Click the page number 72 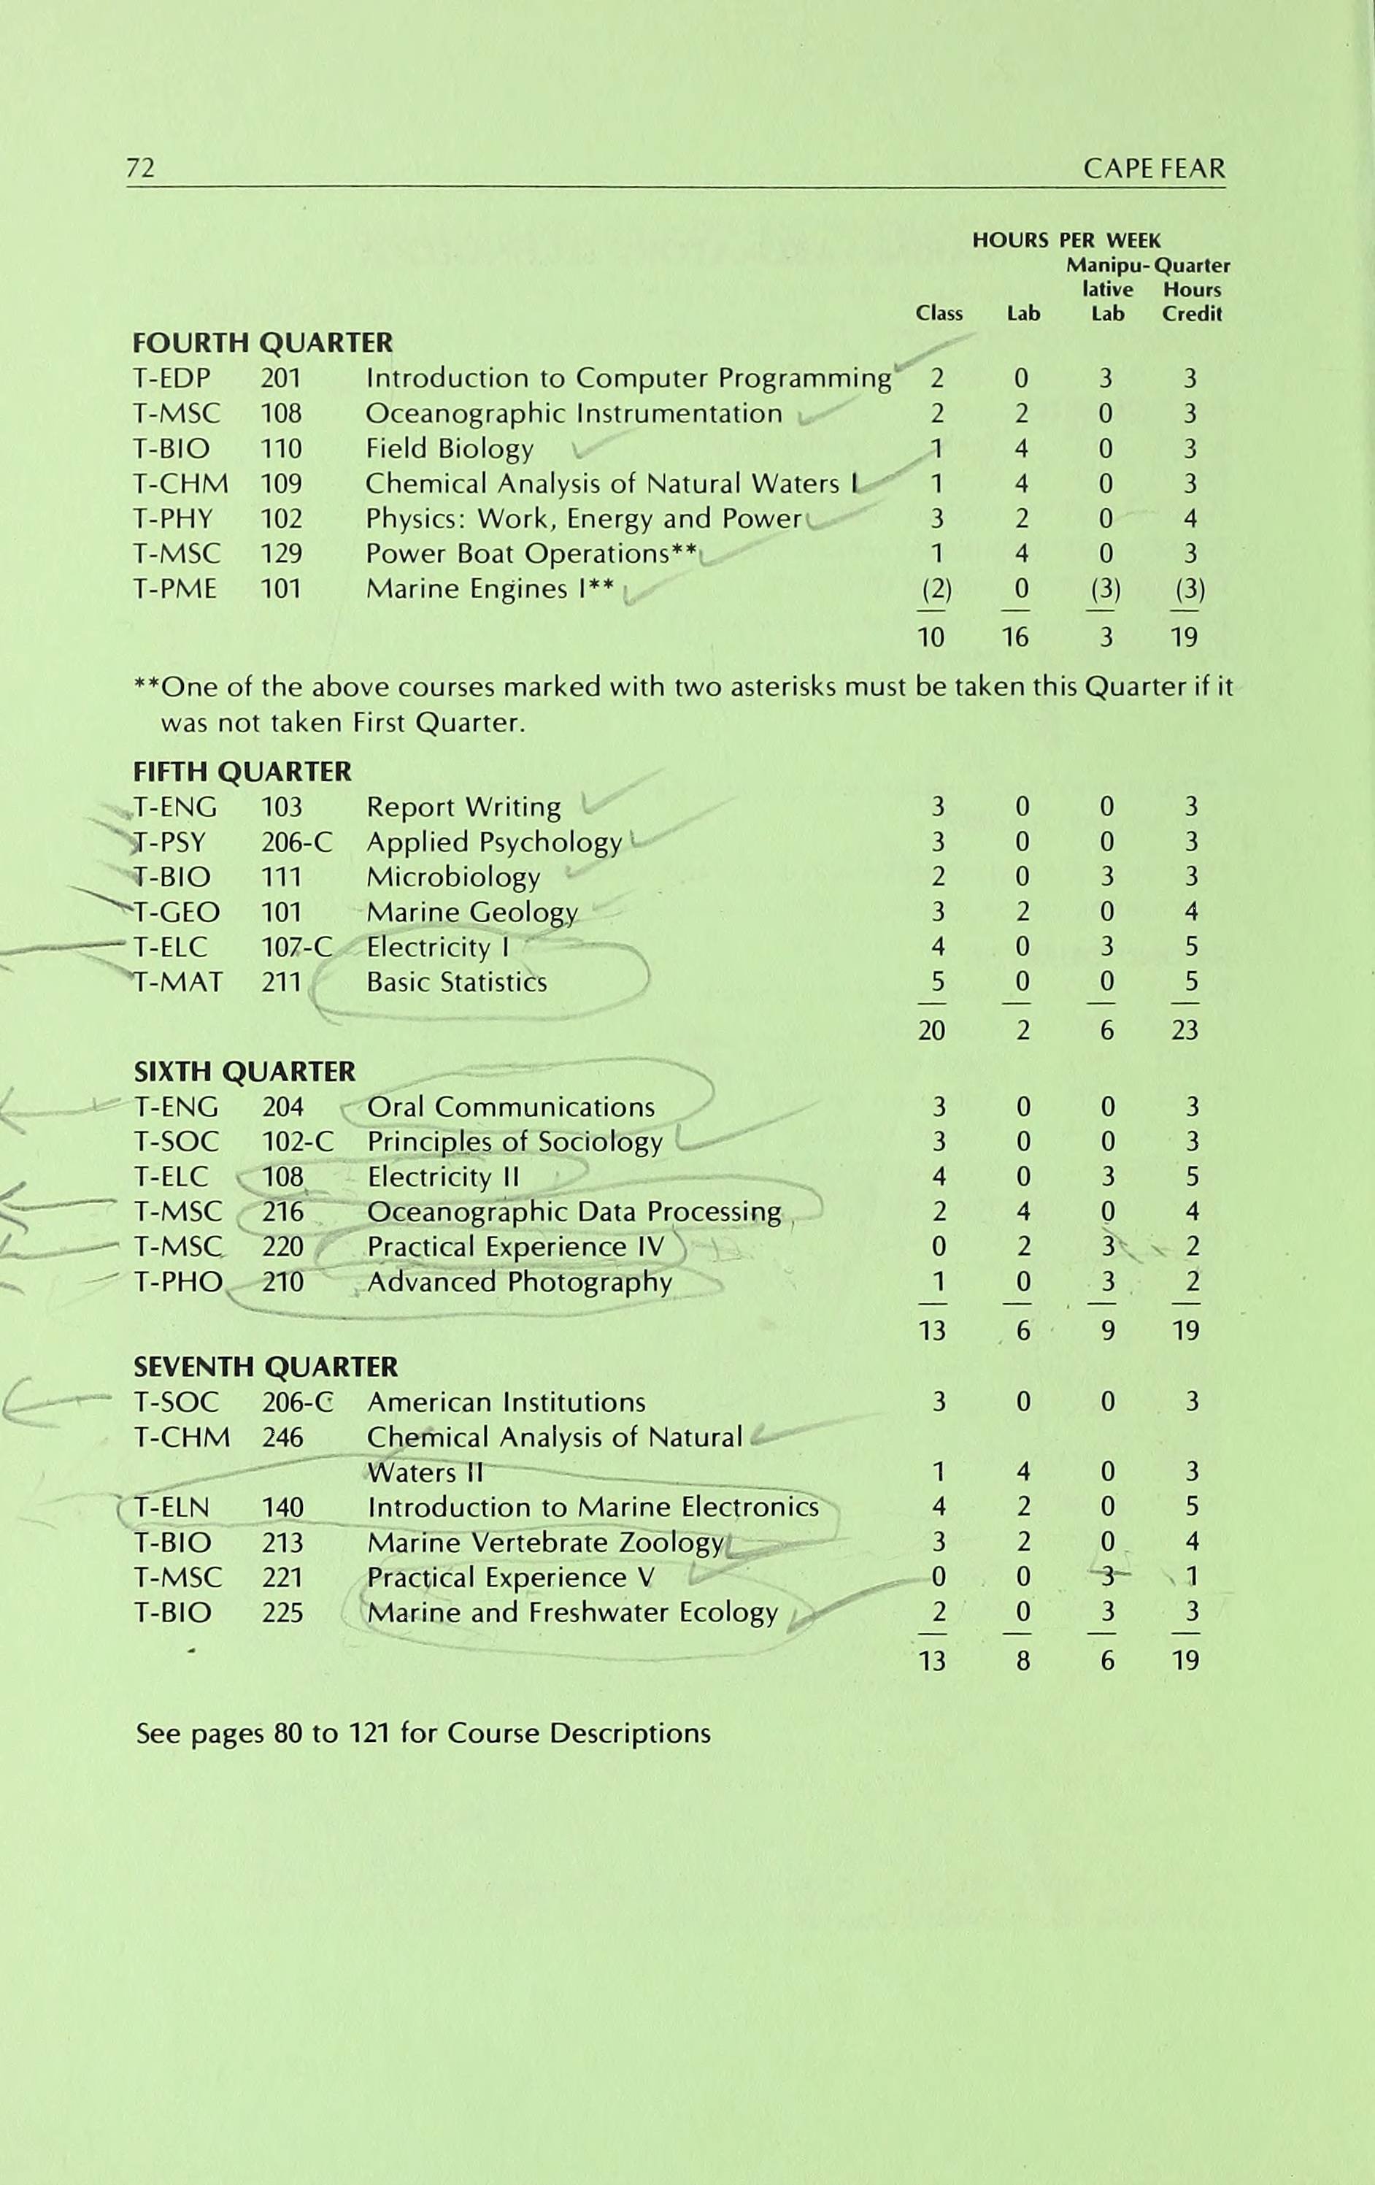point(141,168)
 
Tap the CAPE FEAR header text point(1154,168)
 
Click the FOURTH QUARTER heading point(263,343)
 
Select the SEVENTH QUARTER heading point(266,1367)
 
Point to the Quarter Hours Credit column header point(1193,289)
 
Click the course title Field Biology point(449,448)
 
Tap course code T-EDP point(172,377)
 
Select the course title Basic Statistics point(456,982)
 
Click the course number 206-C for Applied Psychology point(296,842)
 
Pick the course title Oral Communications point(511,1107)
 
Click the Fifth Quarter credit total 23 point(1185,1030)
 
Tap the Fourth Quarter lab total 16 point(1015,637)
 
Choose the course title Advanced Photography point(520,1282)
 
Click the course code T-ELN point(172,1508)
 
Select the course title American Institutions point(506,1402)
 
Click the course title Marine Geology point(471,912)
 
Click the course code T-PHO point(178,1282)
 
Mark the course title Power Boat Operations point(517,553)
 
